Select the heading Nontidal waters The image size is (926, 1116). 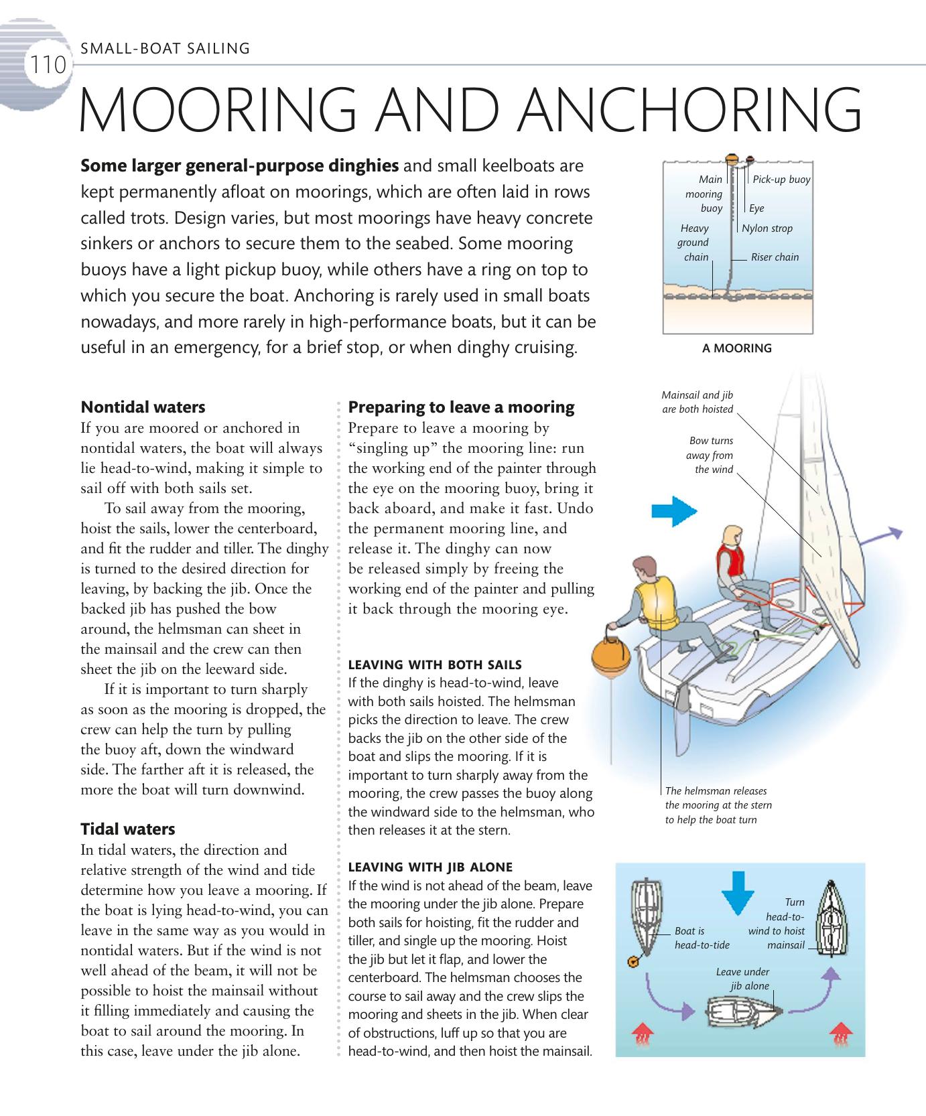click(143, 407)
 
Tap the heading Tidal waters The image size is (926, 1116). click(127, 829)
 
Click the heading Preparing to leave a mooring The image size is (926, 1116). click(461, 407)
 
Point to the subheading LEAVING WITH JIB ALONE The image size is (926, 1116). click(430, 867)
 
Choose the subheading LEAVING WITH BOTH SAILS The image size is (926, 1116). click(435, 665)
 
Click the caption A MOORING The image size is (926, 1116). click(736, 348)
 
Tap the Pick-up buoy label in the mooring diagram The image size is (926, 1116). click(781, 180)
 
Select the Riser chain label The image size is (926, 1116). click(775, 257)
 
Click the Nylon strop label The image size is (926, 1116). click(767, 228)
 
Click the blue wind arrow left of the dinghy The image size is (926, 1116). click(675, 511)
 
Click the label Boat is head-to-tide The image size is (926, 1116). click(702, 938)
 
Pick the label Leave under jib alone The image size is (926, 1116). click(742, 979)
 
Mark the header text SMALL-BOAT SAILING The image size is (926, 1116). click(165, 48)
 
